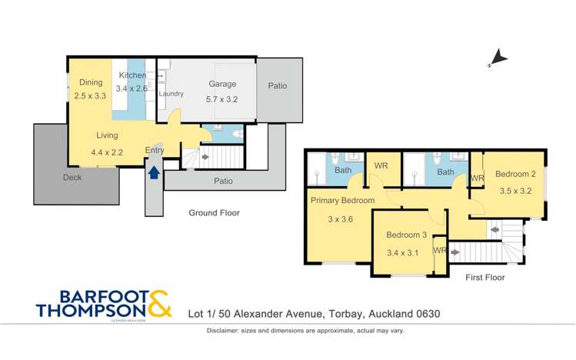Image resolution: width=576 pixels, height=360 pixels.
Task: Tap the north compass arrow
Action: tap(498, 57)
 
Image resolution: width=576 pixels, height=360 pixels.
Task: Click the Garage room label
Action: tap(222, 85)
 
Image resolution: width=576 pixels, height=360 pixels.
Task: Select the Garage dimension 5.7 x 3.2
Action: tap(222, 99)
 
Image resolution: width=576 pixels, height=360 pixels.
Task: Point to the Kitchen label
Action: tap(132, 75)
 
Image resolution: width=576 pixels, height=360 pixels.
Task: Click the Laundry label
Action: tap(171, 94)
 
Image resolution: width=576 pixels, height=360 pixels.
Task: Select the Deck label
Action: tap(73, 177)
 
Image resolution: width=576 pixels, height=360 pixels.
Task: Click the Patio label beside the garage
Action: tap(277, 85)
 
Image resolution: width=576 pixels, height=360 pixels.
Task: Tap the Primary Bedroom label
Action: tap(342, 200)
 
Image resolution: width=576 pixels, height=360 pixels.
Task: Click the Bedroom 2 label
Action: tap(515, 174)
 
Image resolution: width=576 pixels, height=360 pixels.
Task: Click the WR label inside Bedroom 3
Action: tap(440, 250)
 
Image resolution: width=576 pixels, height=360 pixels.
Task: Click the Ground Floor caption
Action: tap(215, 212)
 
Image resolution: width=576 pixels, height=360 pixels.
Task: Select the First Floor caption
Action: tap(484, 278)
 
